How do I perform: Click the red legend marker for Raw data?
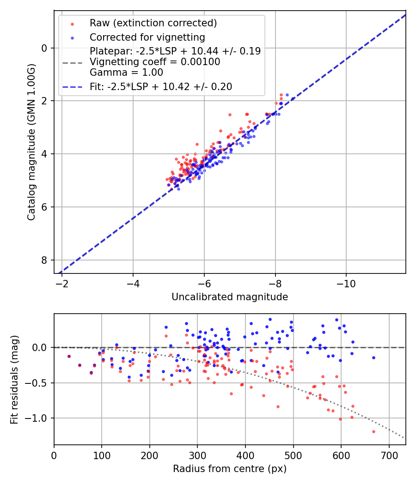coord(72,23)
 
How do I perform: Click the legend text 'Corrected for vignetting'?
coord(147,37)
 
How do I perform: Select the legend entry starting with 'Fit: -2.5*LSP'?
coord(161,86)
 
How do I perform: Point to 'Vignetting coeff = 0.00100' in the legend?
coord(155,62)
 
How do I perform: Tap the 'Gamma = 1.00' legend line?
coord(126,73)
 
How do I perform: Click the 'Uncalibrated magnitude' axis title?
coord(230,297)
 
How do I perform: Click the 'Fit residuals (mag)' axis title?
coord(14,379)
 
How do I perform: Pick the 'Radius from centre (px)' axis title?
coord(230,469)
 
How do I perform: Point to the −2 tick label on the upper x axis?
coord(62,284)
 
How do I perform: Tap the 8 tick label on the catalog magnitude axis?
coord(44,260)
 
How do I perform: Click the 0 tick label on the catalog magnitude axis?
coord(44,48)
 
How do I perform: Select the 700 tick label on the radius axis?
coord(389,455)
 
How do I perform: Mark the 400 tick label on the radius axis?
coord(245,455)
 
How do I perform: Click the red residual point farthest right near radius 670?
coord(373,431)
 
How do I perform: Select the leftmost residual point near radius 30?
coord(69,356)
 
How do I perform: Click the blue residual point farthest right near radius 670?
coord(373,358)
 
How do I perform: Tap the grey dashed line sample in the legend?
coord(72,62)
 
